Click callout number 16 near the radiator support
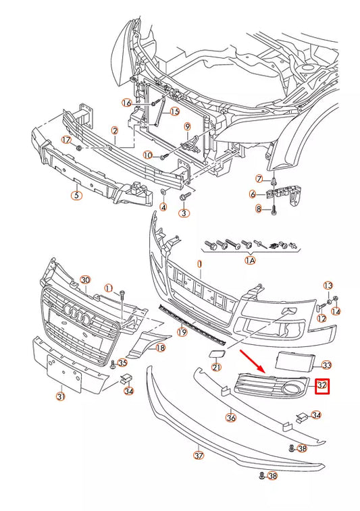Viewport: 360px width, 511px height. coord(126,103)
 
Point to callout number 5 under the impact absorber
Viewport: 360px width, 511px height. coord(76,196)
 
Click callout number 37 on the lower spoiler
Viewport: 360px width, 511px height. coord(199,456)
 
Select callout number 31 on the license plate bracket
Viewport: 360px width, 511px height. coord(60,396)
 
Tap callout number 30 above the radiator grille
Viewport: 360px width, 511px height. coord(85,279)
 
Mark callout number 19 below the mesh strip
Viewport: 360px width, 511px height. coord(182,331)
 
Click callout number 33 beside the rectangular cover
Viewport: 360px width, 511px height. coord(327,365)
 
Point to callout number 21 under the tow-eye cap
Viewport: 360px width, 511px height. coord(216,367)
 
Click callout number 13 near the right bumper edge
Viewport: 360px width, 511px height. coord(328,286)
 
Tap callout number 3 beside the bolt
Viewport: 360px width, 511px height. coord(183,213)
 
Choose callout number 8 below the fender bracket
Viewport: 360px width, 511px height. coord(257,209)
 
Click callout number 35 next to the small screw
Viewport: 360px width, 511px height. coord(122,362)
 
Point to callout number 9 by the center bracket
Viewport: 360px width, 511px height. coord(188,126)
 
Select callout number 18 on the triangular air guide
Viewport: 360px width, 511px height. coord(160,348)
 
